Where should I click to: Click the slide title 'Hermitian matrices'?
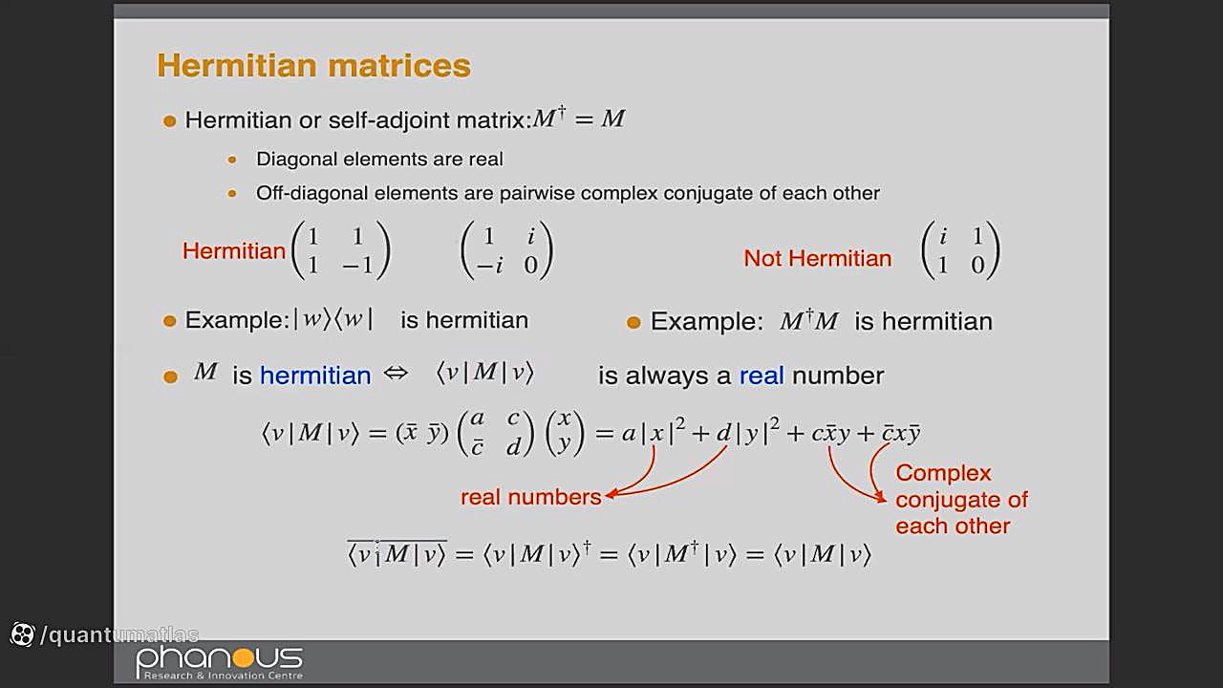tap(314, 66)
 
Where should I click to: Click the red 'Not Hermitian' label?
tap(817, 258)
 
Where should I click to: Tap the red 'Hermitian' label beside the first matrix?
tap(234, 251)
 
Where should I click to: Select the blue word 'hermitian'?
tap(315, 376)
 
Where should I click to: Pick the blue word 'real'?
tap(762, 376)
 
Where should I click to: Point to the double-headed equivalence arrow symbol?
tap(396, 374)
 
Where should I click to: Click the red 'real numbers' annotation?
tap(530, 497)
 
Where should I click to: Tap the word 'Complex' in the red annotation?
tap(943, 473)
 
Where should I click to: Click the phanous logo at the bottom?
tap(220, 662)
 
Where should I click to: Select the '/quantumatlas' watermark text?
tap(119, 634)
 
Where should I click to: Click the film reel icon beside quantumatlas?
tap(22, 634)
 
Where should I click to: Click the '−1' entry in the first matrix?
tap(357, 266)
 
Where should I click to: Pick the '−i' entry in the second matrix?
tap(490, 266)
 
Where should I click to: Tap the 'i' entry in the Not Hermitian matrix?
tap(942, 236)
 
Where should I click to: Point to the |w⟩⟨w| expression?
tap(333, 319)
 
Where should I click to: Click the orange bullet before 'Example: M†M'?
tap(633, 323)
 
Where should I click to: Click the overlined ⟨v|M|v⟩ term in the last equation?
tap(397, 553)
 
